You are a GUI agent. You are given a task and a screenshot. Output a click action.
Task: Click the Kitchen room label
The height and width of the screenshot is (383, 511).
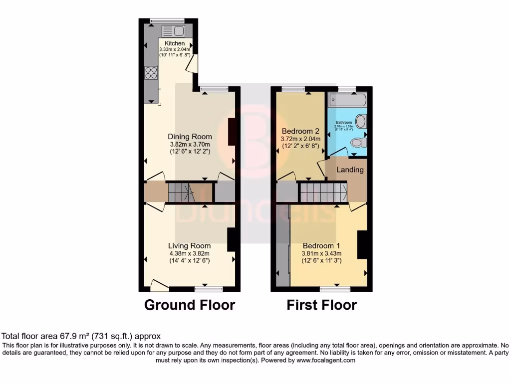click(x=175, y=44)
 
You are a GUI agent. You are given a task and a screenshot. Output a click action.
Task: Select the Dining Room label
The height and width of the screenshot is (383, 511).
click(x=190, y=137)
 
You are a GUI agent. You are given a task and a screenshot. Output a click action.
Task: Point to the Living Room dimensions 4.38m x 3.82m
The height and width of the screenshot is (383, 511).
click(x=189, y=253)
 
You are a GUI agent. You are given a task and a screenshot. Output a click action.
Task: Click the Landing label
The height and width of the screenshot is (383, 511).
click(x=350, y=170)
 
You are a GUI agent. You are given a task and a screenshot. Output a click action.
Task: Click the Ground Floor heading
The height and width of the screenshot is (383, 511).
click(x=190, y=305)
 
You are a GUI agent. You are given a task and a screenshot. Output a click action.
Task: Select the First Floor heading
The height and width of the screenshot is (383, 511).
click(x=322, y=305)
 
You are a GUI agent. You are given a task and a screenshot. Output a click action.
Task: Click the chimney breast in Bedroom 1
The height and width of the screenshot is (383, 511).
click(x=363, y=245)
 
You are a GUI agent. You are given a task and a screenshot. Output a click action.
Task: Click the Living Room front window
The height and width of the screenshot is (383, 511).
click(x=209, y=288)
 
